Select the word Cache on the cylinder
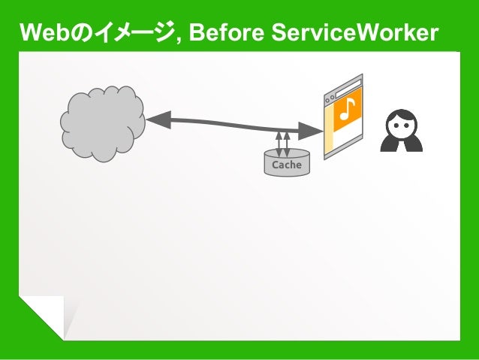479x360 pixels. [x=287, y=165]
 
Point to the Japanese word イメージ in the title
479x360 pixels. [x=127, y=33]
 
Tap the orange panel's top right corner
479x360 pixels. [x=361, y=89]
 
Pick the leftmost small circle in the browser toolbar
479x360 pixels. [x=327, y=101]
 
